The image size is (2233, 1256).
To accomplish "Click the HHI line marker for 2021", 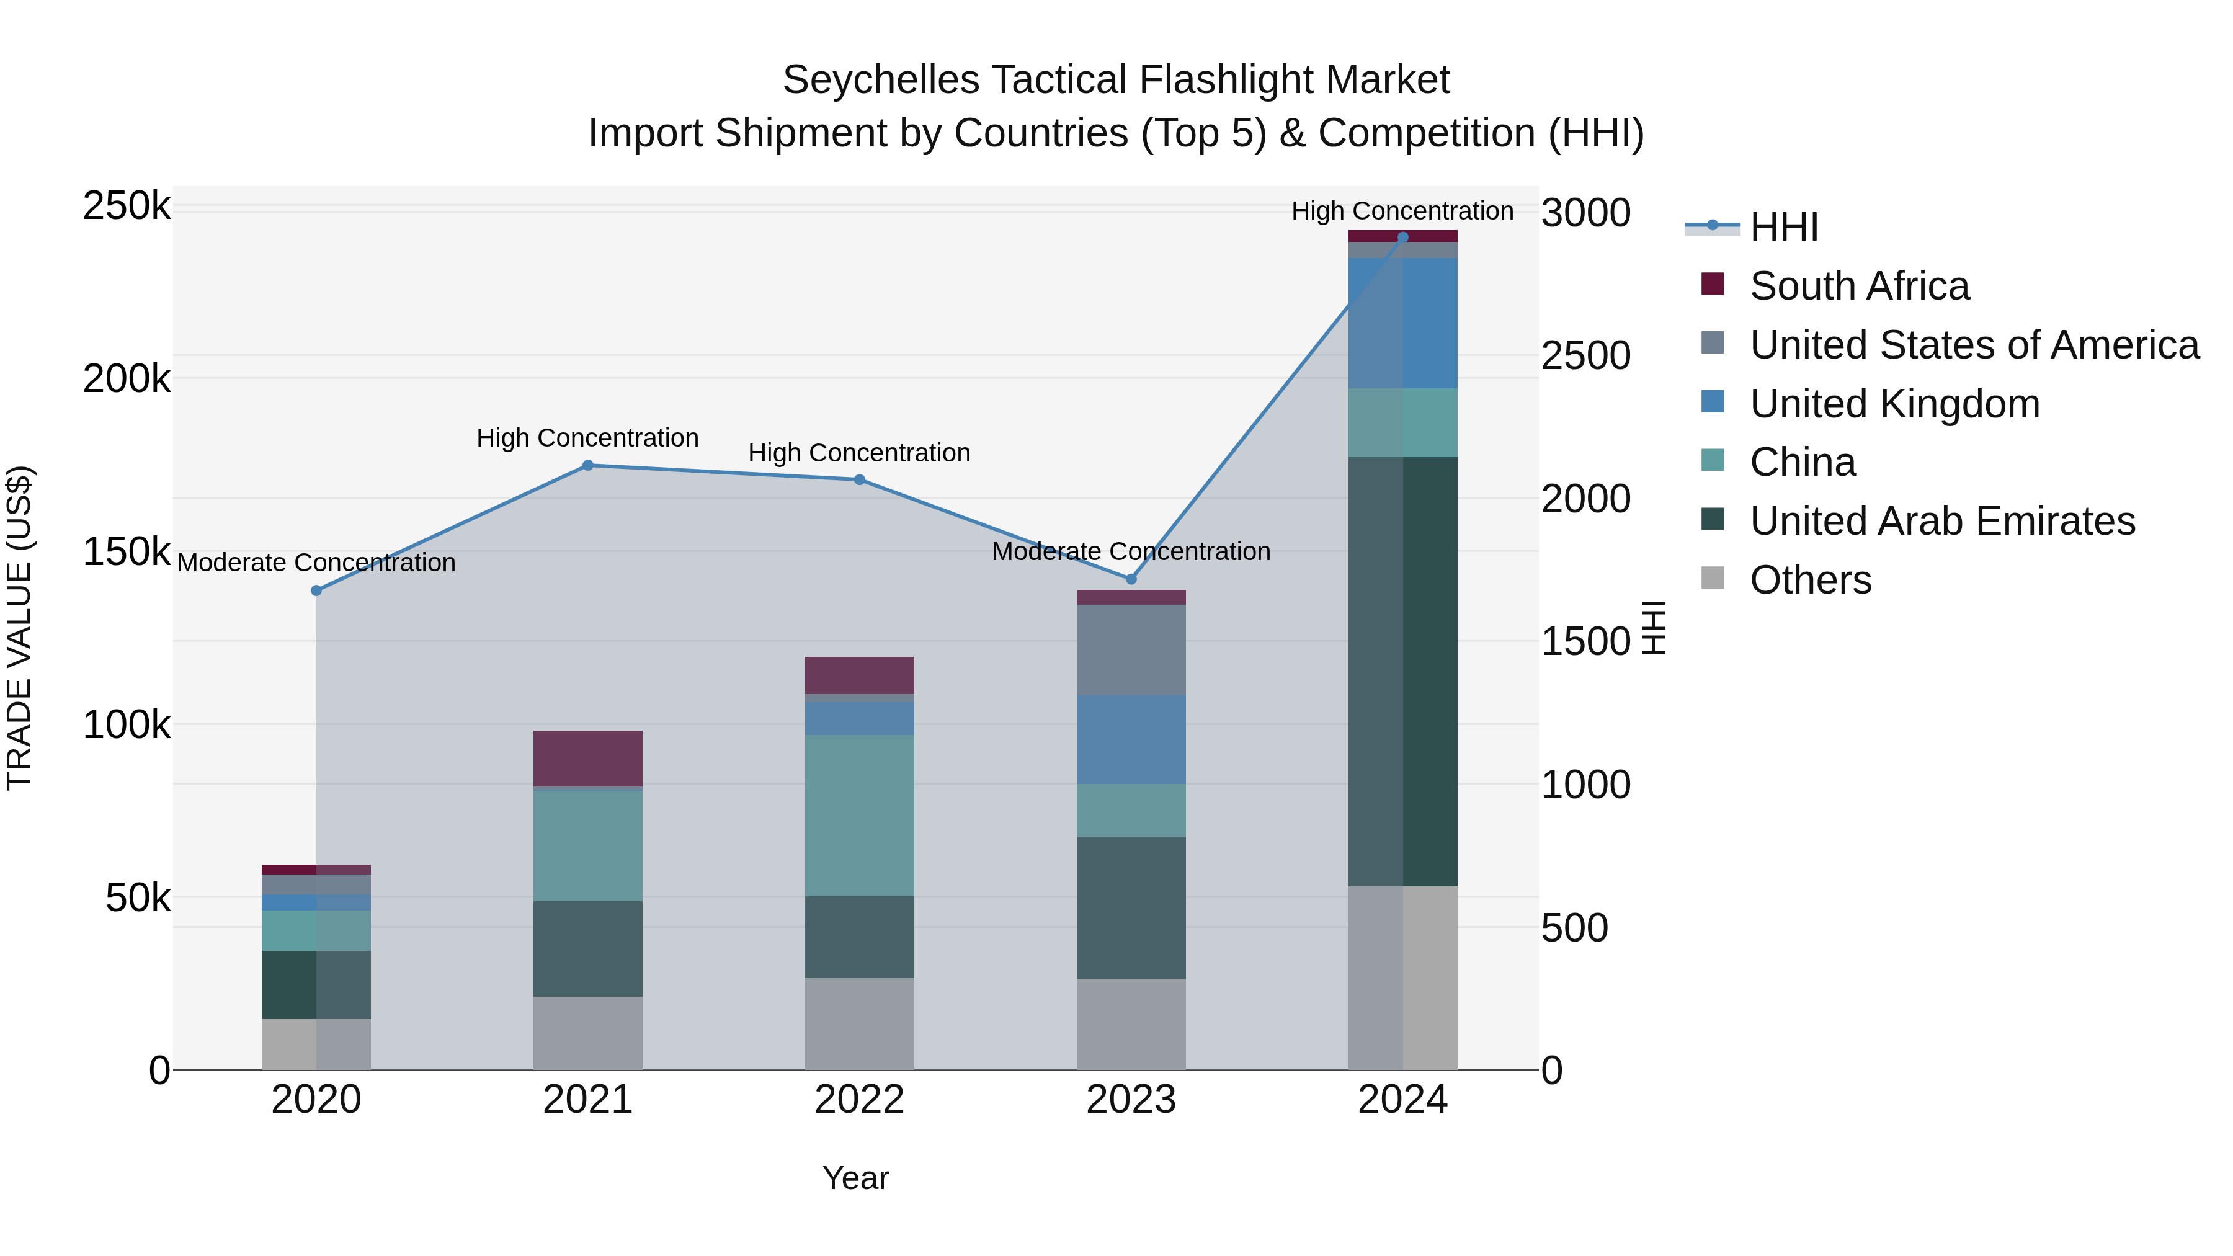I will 588,465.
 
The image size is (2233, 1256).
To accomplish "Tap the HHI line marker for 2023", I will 1130,579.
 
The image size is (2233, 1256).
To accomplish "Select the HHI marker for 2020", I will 316,590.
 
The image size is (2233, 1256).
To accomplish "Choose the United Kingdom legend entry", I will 1894,404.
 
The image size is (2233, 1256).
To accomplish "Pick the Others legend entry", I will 1810,580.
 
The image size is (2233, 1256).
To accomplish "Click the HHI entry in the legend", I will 1783,227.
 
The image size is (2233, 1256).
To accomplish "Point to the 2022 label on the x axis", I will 859,1100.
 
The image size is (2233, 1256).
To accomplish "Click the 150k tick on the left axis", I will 127,551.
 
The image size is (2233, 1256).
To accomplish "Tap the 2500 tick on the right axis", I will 1585,355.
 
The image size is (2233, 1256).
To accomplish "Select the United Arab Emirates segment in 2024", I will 1402,671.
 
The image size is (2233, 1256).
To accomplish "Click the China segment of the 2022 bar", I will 859,815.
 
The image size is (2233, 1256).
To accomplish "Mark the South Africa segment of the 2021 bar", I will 588,759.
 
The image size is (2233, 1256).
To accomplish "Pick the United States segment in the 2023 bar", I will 1130,650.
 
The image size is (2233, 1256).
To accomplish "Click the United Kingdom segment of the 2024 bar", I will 1402,323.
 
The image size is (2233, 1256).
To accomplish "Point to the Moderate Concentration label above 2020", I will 316,563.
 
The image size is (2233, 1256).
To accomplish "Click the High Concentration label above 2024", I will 1402,211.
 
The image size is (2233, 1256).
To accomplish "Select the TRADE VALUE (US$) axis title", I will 19,628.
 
